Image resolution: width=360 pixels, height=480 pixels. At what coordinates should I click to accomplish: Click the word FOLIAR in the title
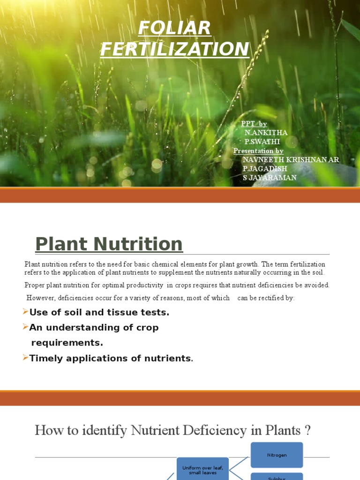click(x=174, y=28)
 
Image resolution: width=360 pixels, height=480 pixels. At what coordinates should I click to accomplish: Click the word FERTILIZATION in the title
click(x=174, y=49)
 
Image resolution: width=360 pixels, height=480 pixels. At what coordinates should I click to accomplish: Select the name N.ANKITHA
click(x=266, y=133)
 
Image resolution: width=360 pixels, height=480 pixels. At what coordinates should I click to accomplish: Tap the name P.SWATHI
click(x=262, y=142)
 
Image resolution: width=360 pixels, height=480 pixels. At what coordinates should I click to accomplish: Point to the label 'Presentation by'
click(x=258, y=150)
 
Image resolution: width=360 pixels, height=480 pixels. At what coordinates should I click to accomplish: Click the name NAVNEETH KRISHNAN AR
click(x=291, y=160)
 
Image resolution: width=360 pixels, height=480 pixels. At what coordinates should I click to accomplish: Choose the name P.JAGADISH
click(x=264, y=169)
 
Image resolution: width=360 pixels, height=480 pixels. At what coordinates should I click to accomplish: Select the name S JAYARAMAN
click(x=270, y=178)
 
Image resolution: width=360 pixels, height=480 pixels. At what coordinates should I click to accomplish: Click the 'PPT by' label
click(x=254, y=124)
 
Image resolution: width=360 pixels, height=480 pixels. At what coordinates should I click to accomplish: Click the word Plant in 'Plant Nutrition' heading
click(x=61, y=244)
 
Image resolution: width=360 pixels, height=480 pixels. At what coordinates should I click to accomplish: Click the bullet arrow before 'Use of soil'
click(x=25, y=312)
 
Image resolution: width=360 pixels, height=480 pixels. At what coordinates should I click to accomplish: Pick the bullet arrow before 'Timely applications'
click(x=25, y=358)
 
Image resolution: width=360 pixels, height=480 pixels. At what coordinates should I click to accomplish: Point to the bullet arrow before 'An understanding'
click(x=25, y=327)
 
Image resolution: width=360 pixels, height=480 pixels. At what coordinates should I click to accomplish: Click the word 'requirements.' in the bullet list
click(x=67, y=343)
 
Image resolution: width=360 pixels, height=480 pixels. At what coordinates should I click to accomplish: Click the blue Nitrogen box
click(x=277, y=455)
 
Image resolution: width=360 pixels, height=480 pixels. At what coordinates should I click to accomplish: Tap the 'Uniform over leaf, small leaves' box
click(x=202, y=469)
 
